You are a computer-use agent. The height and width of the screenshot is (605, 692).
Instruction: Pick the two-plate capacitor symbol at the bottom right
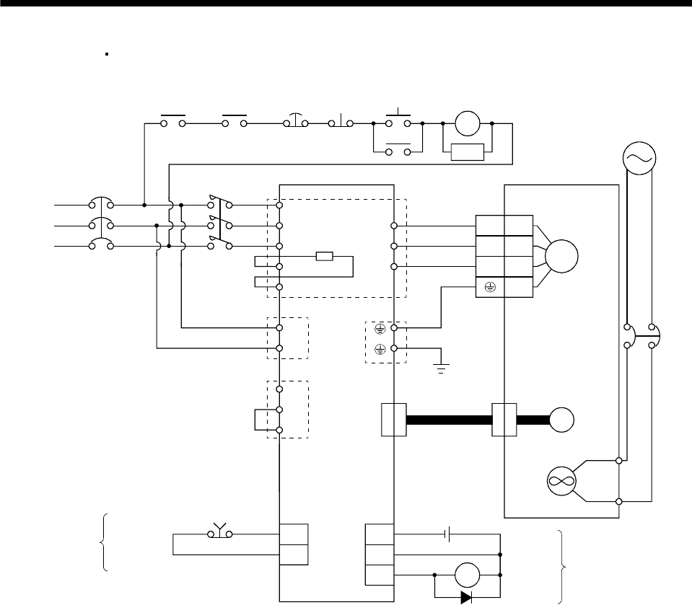pos(448,535)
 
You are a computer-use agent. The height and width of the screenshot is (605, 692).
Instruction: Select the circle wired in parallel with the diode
pos(467,575)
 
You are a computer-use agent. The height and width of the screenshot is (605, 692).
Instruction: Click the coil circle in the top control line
pos(467,123)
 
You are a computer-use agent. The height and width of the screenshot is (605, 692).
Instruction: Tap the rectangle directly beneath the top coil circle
pos(466,152)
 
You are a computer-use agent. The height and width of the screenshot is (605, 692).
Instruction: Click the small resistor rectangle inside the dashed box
pos(324,256)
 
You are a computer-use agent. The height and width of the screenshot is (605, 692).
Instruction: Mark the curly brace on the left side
pos(106,542)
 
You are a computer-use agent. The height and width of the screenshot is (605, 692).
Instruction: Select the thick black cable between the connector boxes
pos(449,420)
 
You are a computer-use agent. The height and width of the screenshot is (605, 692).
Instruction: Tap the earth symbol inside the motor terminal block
pos(489,287)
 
